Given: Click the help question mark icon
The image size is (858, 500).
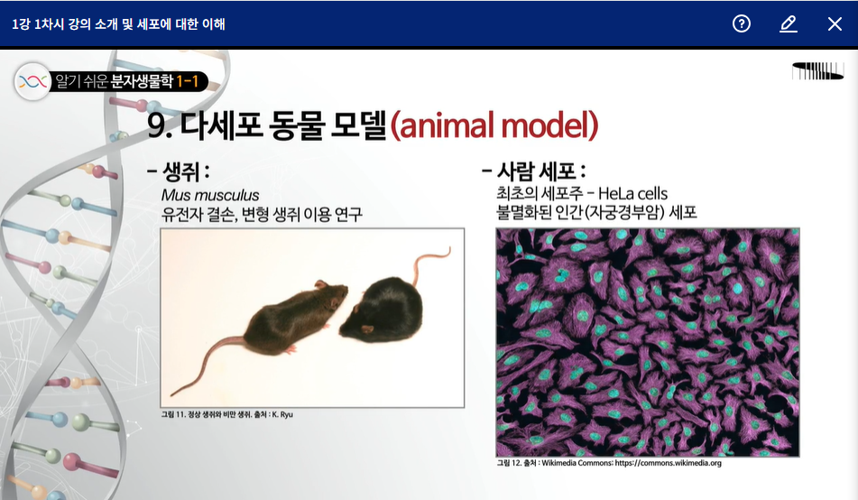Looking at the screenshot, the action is pos(742,23).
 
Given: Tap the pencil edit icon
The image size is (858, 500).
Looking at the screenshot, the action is pos(788,24).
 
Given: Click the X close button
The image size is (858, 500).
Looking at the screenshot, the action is pos(835,24).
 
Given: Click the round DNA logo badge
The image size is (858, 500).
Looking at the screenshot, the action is pos(32,81).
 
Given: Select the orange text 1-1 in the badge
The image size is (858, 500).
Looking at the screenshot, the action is pos(187,81).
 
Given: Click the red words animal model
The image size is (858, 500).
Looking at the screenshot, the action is pos(494,125).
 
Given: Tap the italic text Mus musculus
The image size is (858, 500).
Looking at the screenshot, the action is pos(210,195).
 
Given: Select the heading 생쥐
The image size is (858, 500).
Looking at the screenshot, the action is pos(181,172).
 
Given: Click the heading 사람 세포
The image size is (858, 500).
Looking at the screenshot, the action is pos(536,171).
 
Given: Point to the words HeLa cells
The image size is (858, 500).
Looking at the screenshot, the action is pos(632,193).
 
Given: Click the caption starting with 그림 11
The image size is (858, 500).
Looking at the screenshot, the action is pos(227,414).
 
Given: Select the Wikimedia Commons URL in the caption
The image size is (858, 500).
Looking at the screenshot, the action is pos(669,463).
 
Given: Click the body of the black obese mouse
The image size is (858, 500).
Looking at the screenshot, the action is pos(383,310).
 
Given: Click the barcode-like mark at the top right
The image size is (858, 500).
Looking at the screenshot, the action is pos(818,71).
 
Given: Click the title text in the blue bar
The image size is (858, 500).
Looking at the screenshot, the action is pos(119,24).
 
